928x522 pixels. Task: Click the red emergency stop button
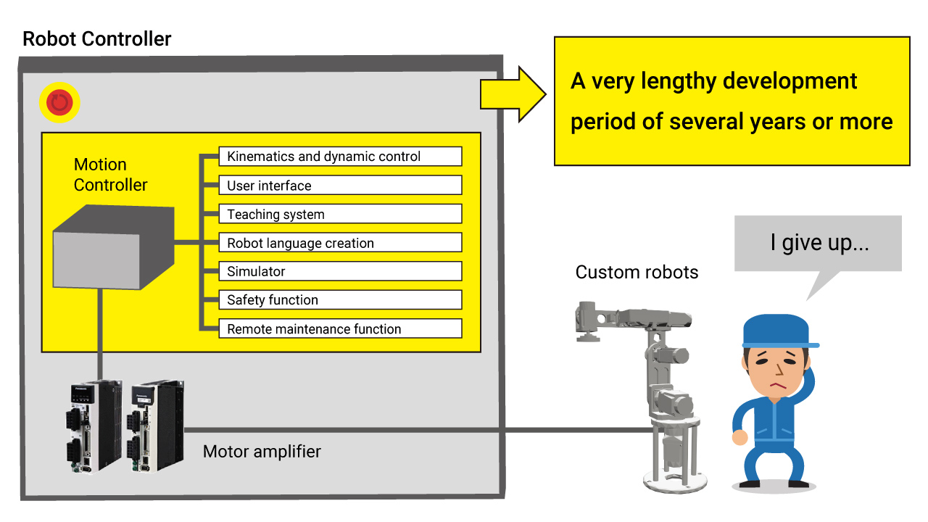[59, 103]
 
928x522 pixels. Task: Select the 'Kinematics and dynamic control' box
[340, 157]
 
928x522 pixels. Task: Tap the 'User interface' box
[340, 186]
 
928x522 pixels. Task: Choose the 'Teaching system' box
[340, 215]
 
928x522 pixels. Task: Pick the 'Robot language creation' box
[340, 243]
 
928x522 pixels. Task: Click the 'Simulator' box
[340, 272]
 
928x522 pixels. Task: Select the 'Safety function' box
[340, 300]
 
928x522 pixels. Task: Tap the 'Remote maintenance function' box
[340, 329]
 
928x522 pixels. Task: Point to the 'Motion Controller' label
[110, 175]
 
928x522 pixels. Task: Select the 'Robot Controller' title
[97, 38]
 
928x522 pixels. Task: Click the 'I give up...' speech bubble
[818, 244]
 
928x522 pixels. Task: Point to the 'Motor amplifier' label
[262, 452]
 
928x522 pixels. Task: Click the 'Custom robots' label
[637, 273]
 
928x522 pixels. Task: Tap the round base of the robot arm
[674, 479]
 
